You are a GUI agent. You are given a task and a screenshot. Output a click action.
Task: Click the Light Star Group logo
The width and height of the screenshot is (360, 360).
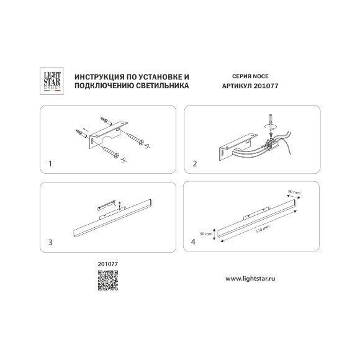click(x=52, y=81)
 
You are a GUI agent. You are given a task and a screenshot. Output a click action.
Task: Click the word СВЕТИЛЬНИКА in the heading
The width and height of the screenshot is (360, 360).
click(x=163, y=86)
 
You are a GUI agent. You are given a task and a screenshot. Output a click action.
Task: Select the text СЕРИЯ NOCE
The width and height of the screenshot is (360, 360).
click(x=250, y=76)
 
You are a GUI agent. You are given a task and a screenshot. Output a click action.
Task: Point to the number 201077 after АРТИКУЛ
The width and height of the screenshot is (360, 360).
click(x=266, y=86)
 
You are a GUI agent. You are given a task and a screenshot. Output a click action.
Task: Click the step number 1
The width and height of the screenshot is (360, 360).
click(x=50, y=164)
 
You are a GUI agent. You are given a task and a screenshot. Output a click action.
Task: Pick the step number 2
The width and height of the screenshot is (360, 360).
click(x=195, y=164)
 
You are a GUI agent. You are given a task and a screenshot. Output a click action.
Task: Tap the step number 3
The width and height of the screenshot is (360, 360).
click(x=50, y=242)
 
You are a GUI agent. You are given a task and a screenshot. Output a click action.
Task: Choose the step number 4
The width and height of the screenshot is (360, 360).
click(x=193, y=242)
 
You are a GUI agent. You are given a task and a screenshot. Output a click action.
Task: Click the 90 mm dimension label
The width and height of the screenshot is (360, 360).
click(x=294, y=192)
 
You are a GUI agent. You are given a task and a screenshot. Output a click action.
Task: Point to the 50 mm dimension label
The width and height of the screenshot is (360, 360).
click(x=206, y=234)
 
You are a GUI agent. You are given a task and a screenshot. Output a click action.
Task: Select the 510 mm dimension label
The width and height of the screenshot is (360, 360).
click(x=263, y=230)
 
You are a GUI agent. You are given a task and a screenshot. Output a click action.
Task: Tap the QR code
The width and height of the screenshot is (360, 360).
click(x=108, y=281)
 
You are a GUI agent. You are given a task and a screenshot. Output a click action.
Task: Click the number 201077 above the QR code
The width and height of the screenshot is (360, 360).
click(x=108, y=264)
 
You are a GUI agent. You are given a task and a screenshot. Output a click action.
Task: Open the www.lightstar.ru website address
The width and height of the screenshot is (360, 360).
click(x=250, y=279)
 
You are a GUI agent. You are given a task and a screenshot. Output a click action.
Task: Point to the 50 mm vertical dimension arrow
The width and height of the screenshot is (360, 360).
click(x=214, y=234)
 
